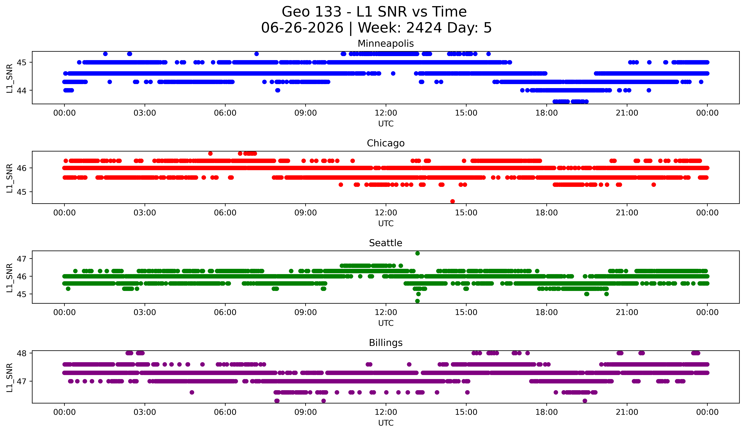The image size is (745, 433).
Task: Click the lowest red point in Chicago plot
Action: coord(452,201)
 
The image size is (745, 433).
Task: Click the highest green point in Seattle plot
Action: coord(417,253)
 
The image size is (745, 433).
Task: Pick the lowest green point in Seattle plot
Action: coord(417,301)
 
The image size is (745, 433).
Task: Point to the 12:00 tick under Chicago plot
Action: coord(386,213)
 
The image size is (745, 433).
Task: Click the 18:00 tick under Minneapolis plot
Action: coord(546,113)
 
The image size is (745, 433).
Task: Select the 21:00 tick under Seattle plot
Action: coord(627,312)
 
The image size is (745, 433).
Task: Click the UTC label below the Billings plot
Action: coord(386,423)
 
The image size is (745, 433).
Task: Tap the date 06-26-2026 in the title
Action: coord(302,28)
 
